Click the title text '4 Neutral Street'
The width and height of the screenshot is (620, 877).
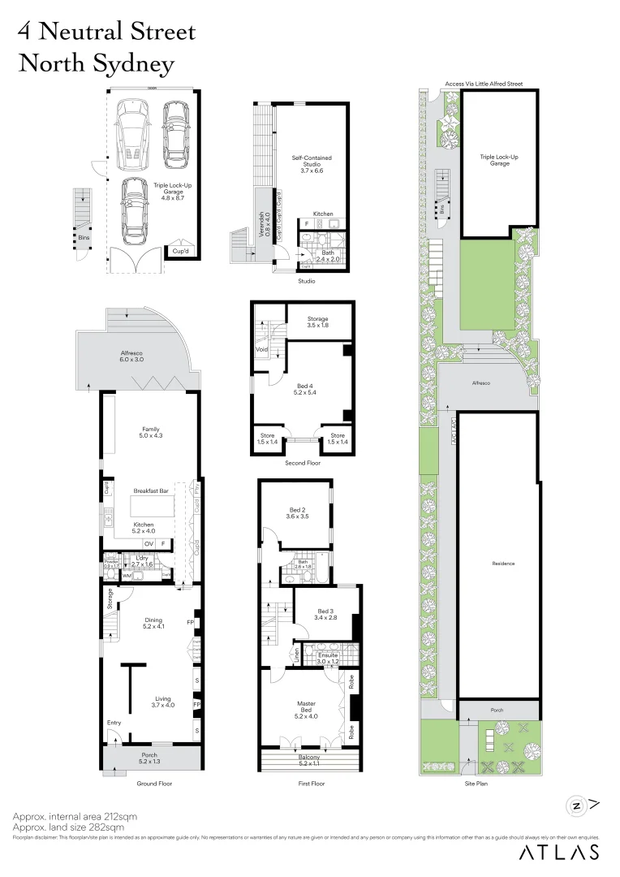[x=107, y=32]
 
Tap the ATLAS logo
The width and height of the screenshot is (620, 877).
[x=559, y=852]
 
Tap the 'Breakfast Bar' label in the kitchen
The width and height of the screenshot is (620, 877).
[x=151, y=491]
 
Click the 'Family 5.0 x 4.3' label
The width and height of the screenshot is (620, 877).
[x=151, y=433]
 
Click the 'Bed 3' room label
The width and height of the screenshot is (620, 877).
[x=325, y=615]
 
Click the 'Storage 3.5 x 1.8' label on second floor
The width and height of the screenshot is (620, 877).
[x=317, y=322]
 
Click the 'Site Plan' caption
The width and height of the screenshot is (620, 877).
[x=475, y=784]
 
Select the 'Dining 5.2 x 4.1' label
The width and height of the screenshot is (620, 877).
[x=153, y=623]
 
